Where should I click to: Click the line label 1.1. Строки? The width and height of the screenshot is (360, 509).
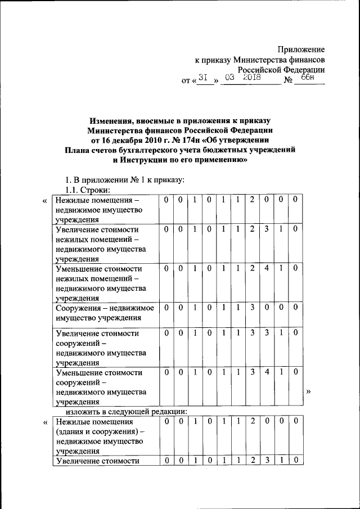coord(89,190)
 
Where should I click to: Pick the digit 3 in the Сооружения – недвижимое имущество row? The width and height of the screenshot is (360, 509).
coord(252,308)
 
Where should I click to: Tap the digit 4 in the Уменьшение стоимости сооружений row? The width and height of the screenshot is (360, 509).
coord(267,372)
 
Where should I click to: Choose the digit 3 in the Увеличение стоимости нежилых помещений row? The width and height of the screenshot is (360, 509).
coord(267,229)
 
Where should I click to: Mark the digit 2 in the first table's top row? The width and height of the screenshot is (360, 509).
coord(252,200)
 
